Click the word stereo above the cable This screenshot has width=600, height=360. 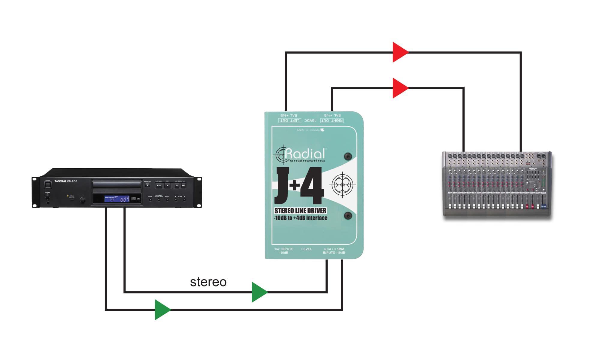[208, 282]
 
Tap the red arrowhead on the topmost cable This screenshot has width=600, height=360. [400, 52]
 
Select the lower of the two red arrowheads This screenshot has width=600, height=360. [400, 88]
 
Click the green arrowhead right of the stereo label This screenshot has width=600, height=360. [259, 292]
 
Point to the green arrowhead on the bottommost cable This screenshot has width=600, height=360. [162, 310]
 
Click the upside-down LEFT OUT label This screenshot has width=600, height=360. [289, 121]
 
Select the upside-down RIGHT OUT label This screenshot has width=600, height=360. [332, 121]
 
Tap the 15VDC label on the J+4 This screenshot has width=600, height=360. [310, 121]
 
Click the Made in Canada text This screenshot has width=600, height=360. [308, 130]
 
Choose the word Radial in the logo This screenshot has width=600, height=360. [305, 154]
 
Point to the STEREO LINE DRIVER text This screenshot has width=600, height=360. [300, 211]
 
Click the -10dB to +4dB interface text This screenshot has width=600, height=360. [300, 218]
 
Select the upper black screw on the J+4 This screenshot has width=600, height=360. [348, 156]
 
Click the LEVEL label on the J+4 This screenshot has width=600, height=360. [307, 249]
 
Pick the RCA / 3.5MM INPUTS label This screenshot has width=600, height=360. [334, 251]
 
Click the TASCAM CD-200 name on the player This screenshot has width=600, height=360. [66, 181]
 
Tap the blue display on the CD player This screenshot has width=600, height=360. [117, 199]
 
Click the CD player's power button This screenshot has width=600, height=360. [48, 185]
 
